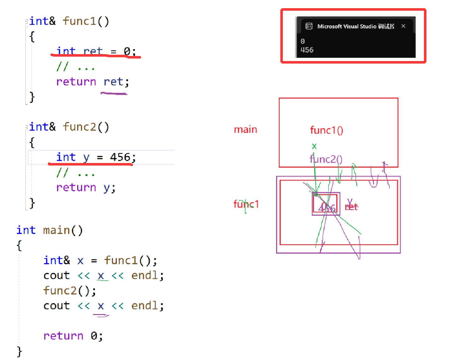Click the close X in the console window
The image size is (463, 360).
point(403,26)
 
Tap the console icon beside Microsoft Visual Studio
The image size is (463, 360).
point(309,26)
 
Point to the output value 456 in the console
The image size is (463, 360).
point(307,50)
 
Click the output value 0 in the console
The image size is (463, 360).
point(303,41)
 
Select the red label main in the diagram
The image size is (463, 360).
point(245,130)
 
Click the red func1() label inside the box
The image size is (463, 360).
point(326,130)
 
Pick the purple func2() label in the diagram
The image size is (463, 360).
point(326,159)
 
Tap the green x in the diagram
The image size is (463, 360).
point(314,146)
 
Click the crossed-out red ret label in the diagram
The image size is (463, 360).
point(352,207)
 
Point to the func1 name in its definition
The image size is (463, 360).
point(79,21)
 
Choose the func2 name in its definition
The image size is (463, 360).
point(79,127)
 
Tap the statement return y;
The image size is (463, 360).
point(86,188)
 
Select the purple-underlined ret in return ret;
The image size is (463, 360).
point(113,82)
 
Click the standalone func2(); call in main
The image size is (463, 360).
point(70,290)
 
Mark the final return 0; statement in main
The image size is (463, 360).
point(73,336)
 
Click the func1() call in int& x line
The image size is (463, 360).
point(130,260)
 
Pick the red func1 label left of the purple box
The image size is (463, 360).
point(246,204)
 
